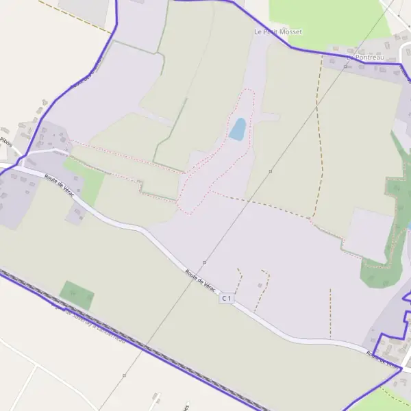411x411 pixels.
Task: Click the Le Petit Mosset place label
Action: [x=277, y=32]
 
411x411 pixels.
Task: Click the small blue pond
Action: [x=237, y=129]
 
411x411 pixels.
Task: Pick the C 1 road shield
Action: [x=227, y=298]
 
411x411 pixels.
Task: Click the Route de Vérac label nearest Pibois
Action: [x=58, y=185]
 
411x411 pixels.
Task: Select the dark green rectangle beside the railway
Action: [x=77, y=295]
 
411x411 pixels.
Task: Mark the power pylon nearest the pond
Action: [x=271, y=171]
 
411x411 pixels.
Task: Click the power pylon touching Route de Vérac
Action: [x=204, y=262]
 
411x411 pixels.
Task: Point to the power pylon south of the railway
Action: [x=124, y=375]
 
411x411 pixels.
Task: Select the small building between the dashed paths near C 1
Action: [x=260, y=284]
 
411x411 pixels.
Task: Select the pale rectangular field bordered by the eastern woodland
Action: [x=369, y=233]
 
